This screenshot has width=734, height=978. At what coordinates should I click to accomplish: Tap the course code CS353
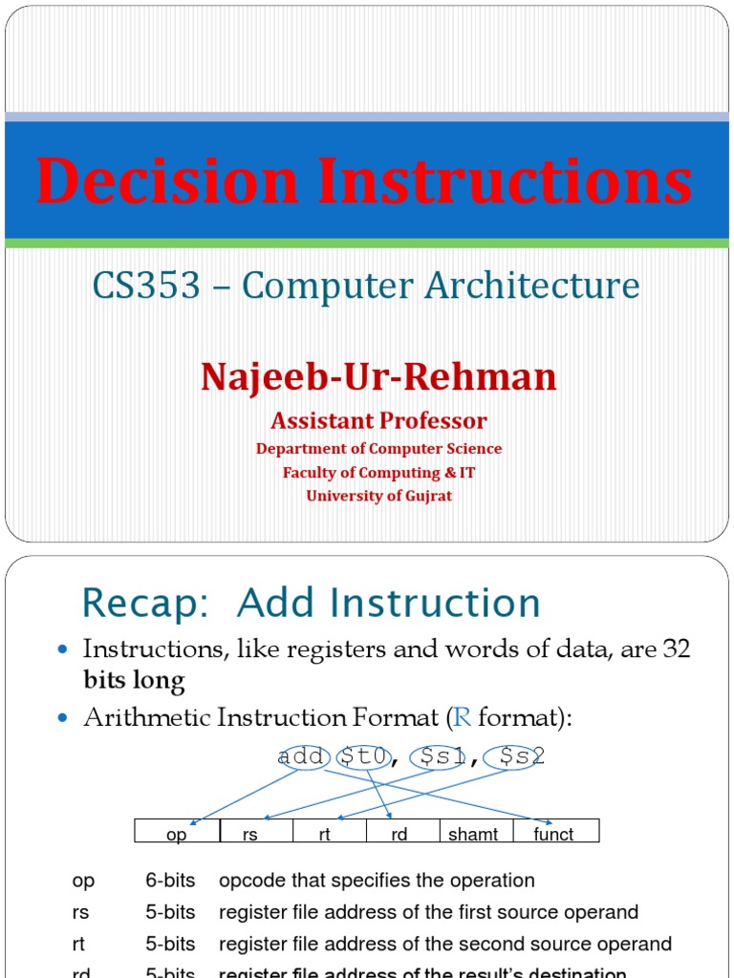point(146,286)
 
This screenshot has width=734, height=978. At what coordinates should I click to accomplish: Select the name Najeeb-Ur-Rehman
point(378,377)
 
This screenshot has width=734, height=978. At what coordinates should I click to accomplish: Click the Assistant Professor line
point(378,421)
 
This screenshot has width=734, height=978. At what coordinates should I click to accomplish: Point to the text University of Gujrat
point(378,496)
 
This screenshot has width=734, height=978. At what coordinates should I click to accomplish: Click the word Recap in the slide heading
point(144,604)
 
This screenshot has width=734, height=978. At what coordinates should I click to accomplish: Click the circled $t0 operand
point(363,756)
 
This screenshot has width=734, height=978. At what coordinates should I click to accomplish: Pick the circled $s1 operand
point(437,756)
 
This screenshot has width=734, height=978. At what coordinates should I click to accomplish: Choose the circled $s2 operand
point(514,756)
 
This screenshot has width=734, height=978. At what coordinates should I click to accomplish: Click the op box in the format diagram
point(178,834)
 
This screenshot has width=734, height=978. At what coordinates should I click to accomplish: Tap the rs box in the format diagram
point(251,834)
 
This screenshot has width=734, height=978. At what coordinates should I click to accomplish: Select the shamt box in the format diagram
point(473,834)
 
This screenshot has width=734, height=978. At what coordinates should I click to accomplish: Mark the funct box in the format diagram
point(553,834)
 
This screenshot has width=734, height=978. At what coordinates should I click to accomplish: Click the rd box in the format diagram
point(399,834)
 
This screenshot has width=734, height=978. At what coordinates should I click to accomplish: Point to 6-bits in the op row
point(169,881)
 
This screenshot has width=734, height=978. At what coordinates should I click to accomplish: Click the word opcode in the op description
point(251,881)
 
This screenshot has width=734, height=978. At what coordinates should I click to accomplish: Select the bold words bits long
point(134,681)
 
